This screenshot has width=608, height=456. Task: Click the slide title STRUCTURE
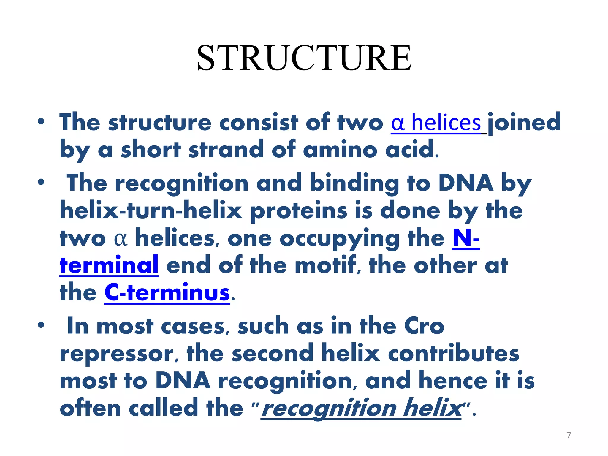pos(304,58)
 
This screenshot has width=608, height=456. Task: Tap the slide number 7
pos(569,435)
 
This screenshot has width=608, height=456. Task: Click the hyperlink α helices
pos(436,123)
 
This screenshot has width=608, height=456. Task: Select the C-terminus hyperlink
pos(167,293)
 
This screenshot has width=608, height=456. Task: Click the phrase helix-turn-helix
pos(151,210)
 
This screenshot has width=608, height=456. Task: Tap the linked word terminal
pos(109,265)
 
